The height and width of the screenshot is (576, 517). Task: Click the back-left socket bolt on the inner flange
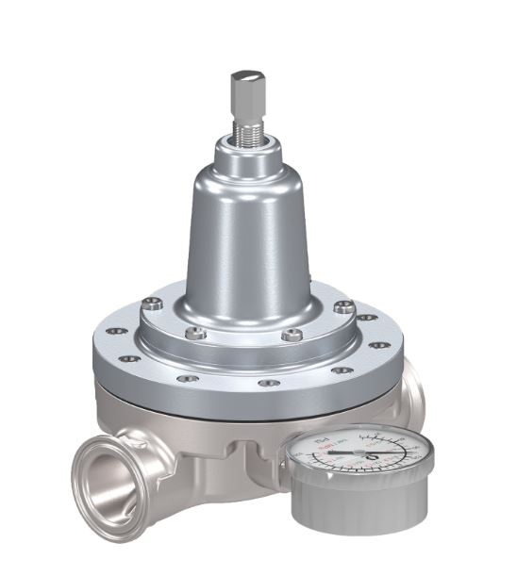pyautogui.click(x=153, y=304)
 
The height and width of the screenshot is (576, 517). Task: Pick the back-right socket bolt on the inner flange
pyautogui.click(x=343, y=306)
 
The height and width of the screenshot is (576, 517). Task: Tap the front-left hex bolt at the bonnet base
pyautogui.click(x=196, y=333)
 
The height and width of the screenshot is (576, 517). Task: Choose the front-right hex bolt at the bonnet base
pyautogui.click(x=293, y=335)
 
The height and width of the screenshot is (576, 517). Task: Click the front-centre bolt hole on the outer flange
pyautogui.click(x=270, y=384)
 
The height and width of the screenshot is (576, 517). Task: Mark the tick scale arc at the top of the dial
pyautogui.click(x=368, y=435)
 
